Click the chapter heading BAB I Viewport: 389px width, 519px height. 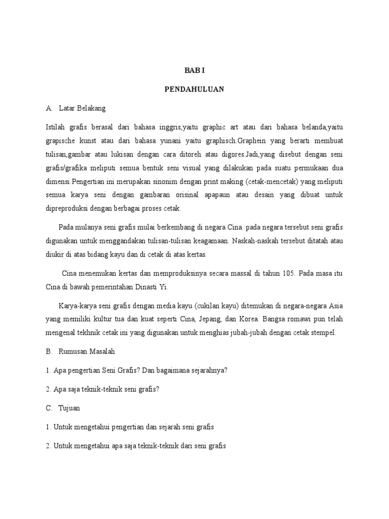click(x=194, y=71)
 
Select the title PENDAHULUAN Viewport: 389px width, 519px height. click(x=194, y=89)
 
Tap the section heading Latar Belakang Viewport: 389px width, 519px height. click(x=82, y=108)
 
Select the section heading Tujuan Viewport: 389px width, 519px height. click(x=70, y=408)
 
